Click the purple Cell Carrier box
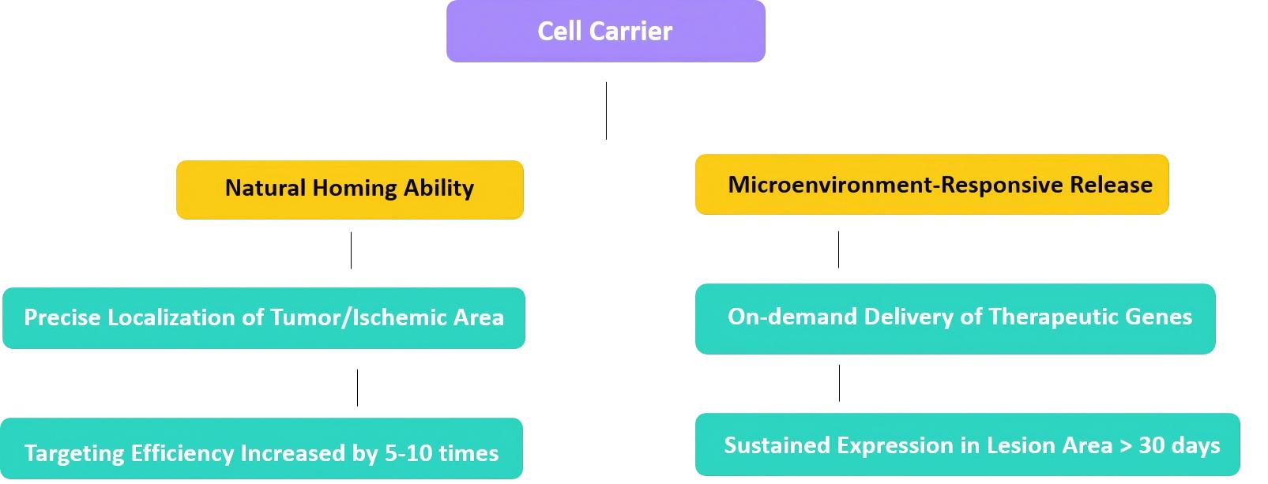(605, 32)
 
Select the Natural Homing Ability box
(349, 189)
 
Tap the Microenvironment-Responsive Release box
(931, 185)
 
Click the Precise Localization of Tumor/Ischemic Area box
(263, 318)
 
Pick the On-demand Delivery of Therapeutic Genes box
(954, 318)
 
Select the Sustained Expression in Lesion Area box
(967, 445)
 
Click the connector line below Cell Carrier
(606, 111)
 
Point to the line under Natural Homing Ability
(351, 250)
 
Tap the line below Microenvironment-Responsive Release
(838, 250)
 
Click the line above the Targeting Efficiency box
(357, 388)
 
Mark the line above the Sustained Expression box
(839, 383)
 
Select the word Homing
(355, 189)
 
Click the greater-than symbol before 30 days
(1126, 446)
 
